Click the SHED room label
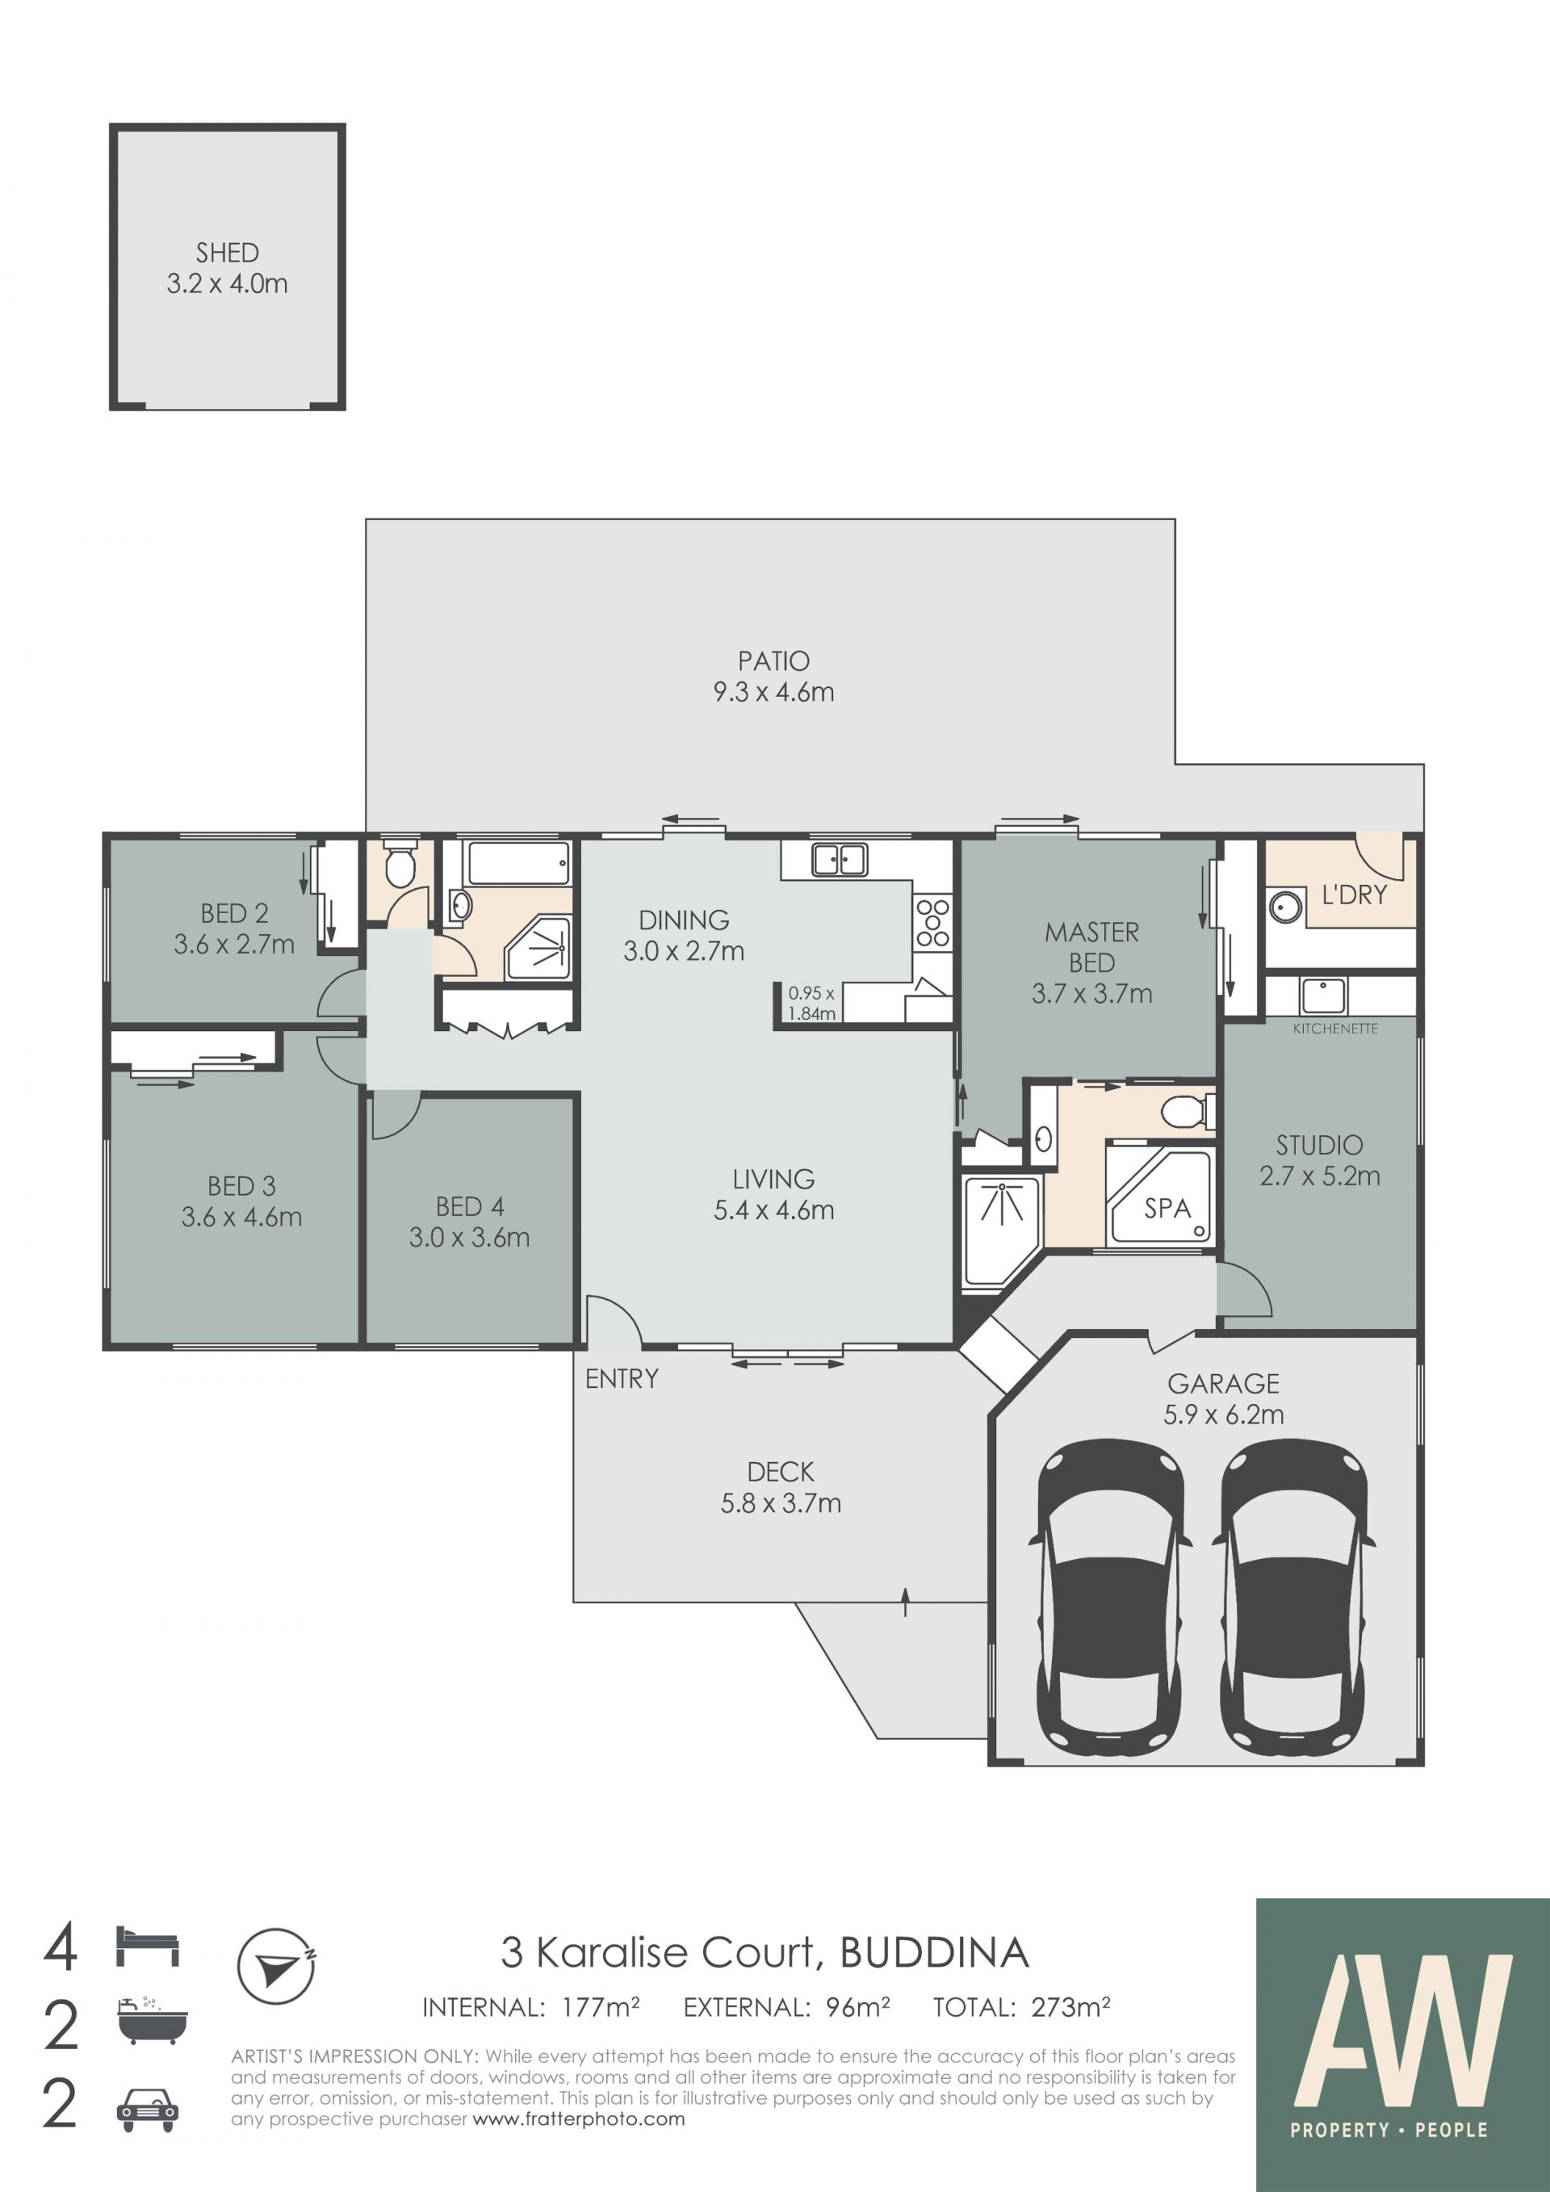coord(227,253)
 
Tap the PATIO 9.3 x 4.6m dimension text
coord(774,692)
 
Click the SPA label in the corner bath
coord(1167,1209)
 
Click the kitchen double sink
coord(839,859)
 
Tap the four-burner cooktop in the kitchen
coord(932,922)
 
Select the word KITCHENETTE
coord(1335,1029)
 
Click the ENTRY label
coord(622,1379)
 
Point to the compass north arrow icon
coord(277,1967)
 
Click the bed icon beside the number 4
coord(148,1946)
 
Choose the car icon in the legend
coord(147,2110)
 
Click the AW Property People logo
coord(1402,2045)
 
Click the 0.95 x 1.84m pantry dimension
coord(811,1004)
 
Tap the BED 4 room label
coord(470,1207)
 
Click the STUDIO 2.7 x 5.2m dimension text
coord(1320,1176)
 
